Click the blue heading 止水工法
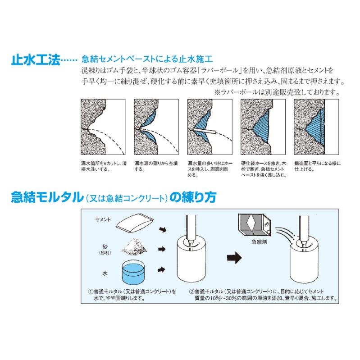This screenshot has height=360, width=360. [35, 60]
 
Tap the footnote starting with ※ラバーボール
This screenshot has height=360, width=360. [276, 92]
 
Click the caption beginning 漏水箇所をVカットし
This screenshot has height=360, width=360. [102, 166]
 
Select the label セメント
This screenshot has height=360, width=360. [103, 219]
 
